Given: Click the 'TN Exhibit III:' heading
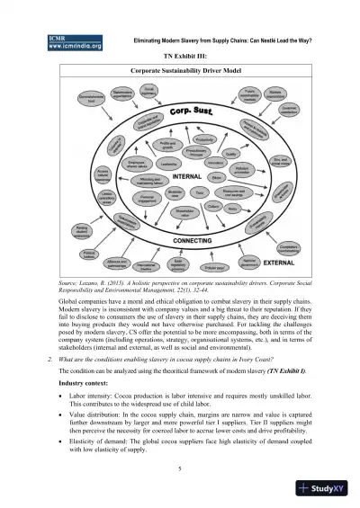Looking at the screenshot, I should tap(181, 55).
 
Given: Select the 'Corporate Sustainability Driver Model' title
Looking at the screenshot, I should tap(181, 67).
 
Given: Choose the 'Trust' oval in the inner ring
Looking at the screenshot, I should tap(200, 192).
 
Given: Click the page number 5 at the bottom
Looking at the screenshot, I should tap(181, 468).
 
